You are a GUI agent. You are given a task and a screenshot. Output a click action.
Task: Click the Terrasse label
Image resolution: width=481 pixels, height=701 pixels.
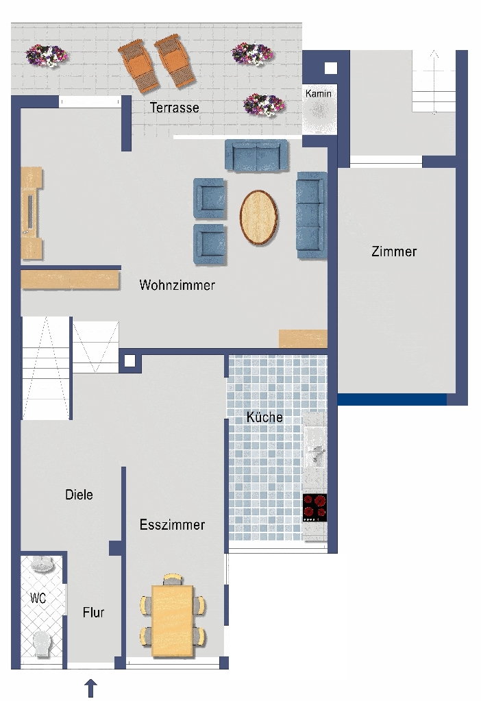point(174,108)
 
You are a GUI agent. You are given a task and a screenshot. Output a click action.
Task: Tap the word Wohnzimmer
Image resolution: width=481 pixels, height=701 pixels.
point(177,285)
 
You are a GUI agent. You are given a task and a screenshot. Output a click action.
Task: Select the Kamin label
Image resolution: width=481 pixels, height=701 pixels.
point(319,93)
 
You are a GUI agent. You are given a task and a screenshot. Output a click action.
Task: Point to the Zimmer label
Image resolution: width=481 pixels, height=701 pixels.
point(394,251)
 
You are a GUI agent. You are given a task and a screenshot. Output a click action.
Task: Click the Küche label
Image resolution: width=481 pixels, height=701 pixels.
point(264,417)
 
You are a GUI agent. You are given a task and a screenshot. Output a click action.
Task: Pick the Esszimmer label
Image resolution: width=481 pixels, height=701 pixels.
point(172,524)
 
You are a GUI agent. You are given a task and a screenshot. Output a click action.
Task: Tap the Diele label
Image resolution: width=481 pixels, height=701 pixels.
point(79,495)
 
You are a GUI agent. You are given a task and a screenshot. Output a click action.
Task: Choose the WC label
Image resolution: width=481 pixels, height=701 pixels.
point(38,598)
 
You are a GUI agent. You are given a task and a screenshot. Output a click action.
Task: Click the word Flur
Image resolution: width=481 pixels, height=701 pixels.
point(93,612)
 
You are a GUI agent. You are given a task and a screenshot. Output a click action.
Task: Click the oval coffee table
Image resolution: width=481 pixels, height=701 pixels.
point(258,217)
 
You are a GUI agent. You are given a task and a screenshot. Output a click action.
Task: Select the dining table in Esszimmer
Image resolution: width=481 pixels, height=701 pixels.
point(173,621)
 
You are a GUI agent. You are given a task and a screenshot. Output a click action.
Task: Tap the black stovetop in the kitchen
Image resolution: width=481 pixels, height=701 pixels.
point(314,508)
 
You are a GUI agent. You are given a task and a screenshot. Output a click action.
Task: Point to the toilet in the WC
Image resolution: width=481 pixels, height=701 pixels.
point(42,643)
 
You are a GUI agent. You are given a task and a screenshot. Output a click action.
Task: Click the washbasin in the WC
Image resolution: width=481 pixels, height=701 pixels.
point(42,563)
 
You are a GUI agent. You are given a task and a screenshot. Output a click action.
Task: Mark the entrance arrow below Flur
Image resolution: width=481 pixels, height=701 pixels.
point(90,688)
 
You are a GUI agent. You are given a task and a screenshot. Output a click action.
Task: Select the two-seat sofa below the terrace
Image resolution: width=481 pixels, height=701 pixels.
point(256,156)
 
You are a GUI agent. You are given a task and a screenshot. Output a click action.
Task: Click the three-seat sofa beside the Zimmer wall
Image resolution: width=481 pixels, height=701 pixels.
point(312,215)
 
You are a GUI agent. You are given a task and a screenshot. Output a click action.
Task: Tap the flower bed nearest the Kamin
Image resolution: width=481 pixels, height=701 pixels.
point(264,105)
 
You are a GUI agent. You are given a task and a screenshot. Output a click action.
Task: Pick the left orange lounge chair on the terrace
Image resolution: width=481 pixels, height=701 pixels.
point(138,66)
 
